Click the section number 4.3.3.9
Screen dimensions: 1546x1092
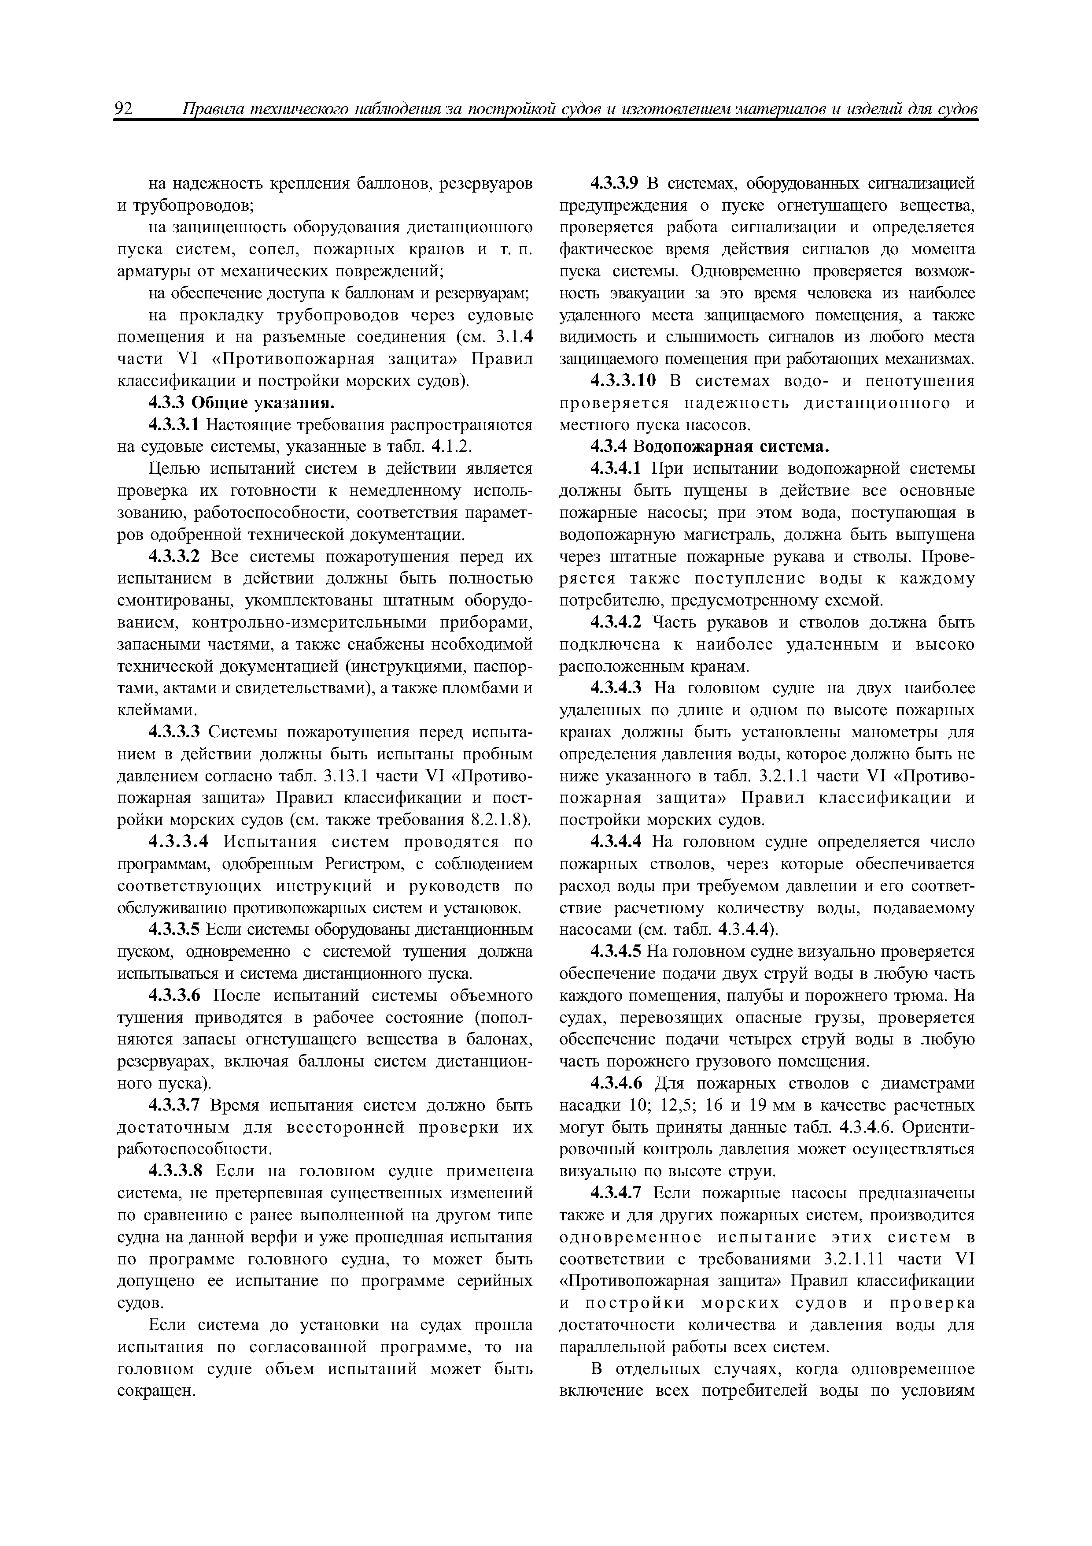tap(614, 183)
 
